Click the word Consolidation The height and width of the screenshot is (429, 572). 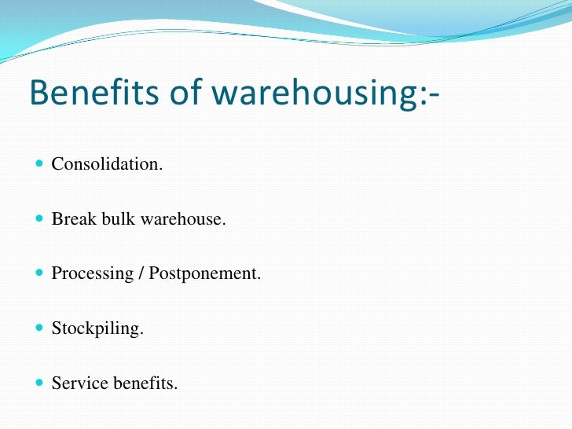[108, 164]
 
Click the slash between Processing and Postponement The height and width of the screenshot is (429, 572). [138, 274]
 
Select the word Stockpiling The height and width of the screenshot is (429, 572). [97, 329]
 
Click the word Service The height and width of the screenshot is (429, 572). [77, 384]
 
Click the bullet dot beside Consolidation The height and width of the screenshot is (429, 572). [40, 165]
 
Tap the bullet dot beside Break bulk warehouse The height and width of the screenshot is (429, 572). [40, 220]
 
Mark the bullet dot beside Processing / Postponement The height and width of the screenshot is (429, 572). [40, 275]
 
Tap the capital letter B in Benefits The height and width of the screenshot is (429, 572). [38, 93]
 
